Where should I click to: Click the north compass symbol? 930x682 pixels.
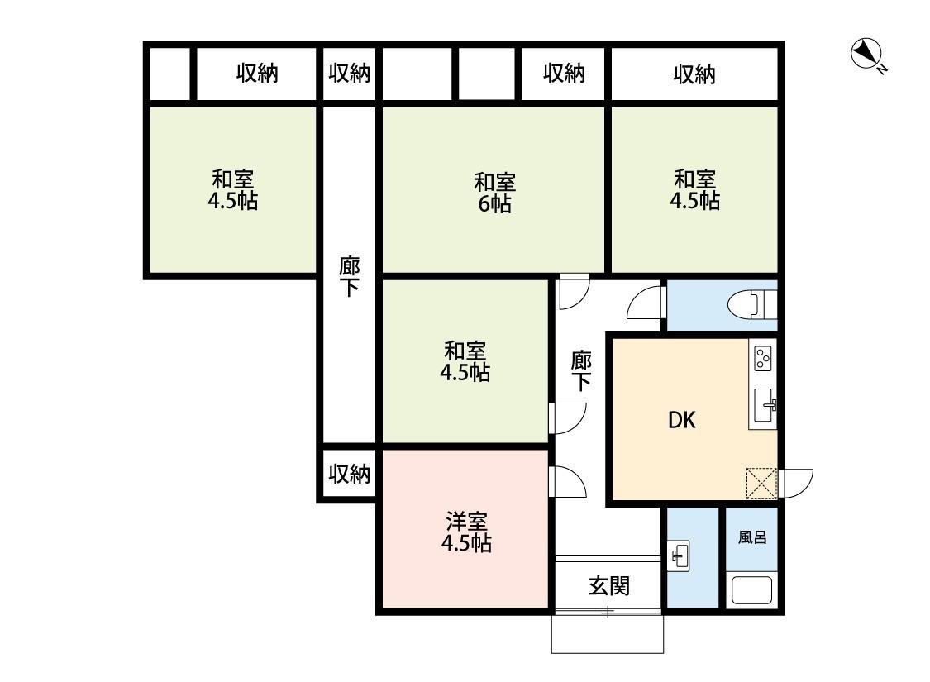click(x=866, y=55)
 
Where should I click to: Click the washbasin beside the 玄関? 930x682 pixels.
click(x=680, y=555)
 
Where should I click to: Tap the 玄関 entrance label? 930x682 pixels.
click(x=609, y=586)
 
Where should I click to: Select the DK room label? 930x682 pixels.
click(x=682, y=420)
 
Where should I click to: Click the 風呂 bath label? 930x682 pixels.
click(x=752, y=537)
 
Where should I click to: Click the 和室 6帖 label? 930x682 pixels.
click(x=494, y=192)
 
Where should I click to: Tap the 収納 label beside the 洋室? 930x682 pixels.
click(x=350, y=475)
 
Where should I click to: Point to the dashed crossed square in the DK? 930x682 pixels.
click(x=761, y=484)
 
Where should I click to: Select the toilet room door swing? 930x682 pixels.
click(x=646, y=304)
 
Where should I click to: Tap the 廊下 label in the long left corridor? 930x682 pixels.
click(x=350, y=277)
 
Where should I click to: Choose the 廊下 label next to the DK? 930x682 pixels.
click(x=582, y=370)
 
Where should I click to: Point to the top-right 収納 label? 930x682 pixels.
click(x=694, y=75)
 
